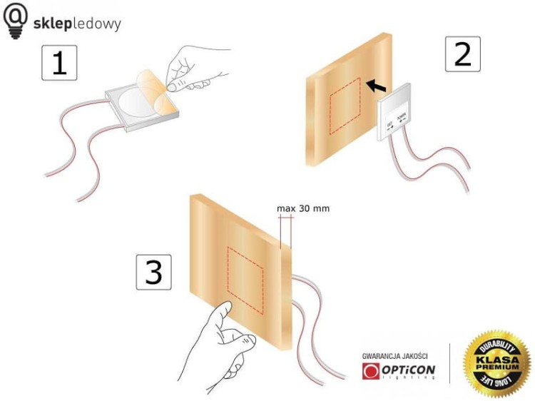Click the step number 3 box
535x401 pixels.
[153, 272]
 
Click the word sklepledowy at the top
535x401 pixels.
[77, 24]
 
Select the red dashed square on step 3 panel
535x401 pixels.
[245, 281]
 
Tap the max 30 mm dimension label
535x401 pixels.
[303, 209]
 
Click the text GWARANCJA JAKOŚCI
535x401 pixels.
[395, 355]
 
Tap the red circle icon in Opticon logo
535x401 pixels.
[371, 372]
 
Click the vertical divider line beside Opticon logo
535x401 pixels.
[449, 364]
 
